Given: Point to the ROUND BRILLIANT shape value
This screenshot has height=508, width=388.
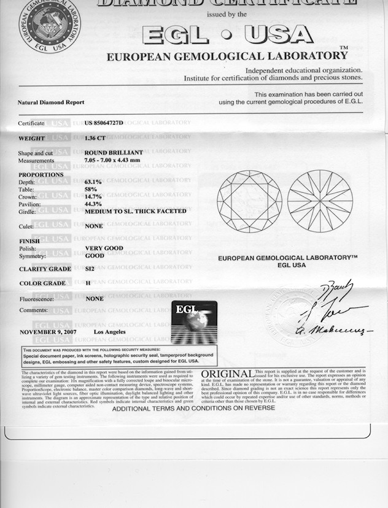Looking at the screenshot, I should (x=114, y=152).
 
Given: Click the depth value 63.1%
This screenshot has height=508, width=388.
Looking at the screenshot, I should (x=93, y=182).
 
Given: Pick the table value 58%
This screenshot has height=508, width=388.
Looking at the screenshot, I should (x=91, y=189).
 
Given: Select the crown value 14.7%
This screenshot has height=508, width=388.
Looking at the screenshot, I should (x=93, y=196).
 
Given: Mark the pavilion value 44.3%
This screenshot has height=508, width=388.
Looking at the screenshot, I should (x=93, y=204).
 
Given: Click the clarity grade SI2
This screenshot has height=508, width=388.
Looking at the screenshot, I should (x=90, y=269).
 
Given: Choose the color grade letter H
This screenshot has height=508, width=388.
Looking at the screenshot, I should (x=87, y=283).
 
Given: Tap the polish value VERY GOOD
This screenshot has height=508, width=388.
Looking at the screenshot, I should (x=104, y=248).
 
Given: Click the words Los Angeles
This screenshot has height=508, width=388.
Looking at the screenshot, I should (x=110, y=332).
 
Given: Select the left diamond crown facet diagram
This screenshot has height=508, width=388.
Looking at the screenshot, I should (x=249, y=201).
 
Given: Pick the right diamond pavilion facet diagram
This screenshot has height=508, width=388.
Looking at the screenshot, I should (x=320, y=201).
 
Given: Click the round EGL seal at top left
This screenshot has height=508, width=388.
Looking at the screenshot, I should (x=49, y=25).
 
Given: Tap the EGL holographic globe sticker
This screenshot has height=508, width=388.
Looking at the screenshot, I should (x=193, y=322).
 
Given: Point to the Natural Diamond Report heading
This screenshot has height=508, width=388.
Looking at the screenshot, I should (x=51, y=102).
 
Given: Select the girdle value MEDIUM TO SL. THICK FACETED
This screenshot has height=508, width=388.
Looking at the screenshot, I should (x=136, y=211).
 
